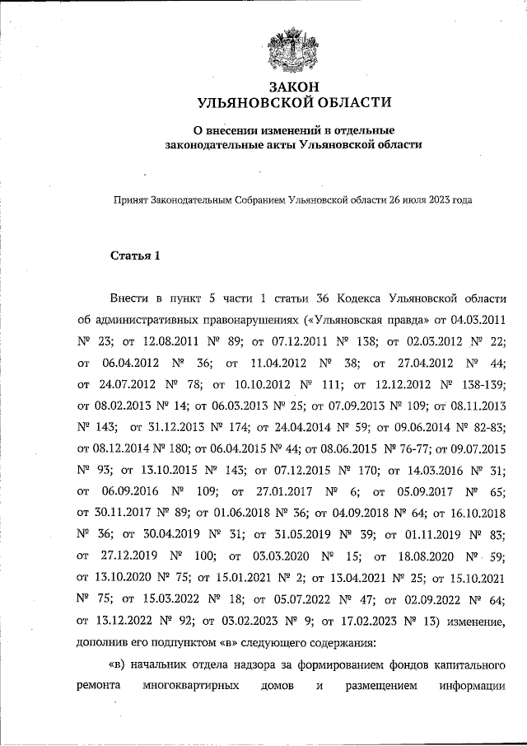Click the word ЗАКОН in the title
[x=293, y=87]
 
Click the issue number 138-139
[x=483, y=383]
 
